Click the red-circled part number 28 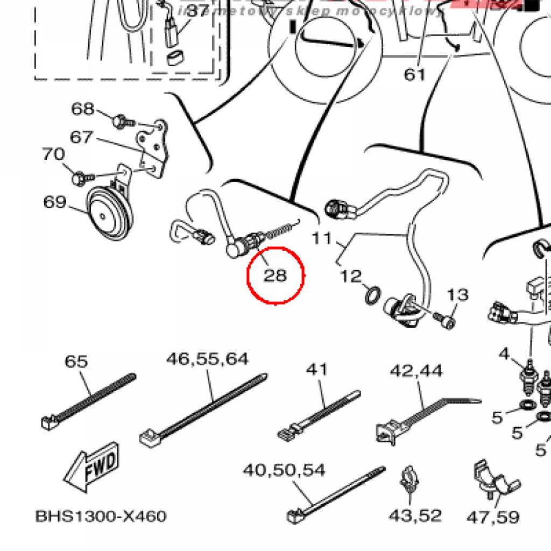pyautogui.click(x=275, y=275)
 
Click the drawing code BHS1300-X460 pyautogui.click(x=101, y=517)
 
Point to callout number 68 pyautogui.click(x=83, y=109)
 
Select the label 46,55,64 pyautogui.click(x=207, y=359)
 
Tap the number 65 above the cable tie pyautogui.click(x=76, y=361)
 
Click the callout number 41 pyautogui.click(x=317, y=370)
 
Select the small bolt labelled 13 pyautogui.click(x=448, y=322)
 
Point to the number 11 pyautogui.click(x=322, y=237)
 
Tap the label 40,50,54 pyautogui.click(x=284, y=470)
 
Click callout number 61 pyautogui.click(x=415, y=74)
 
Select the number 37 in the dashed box pyautogui.click(x=197, y=11)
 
